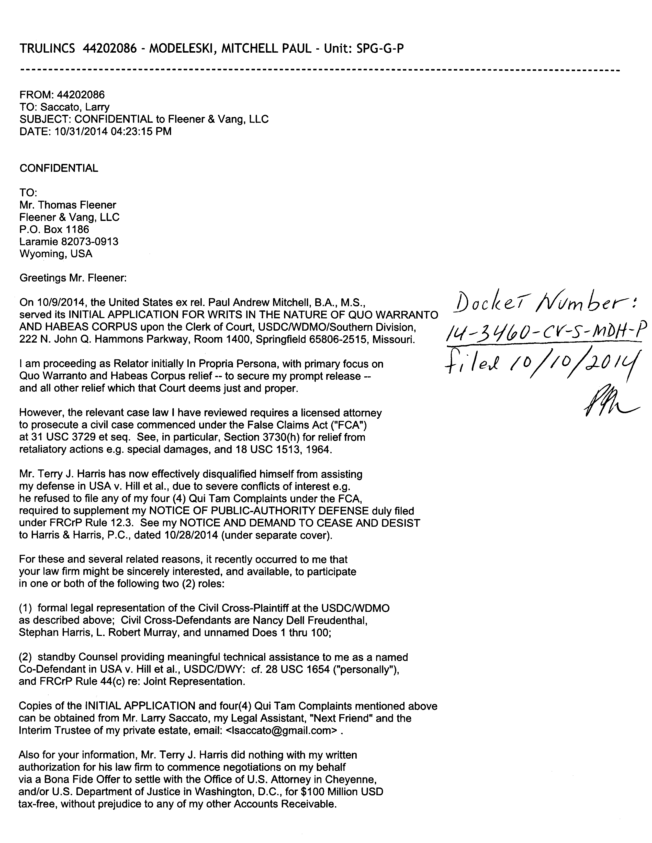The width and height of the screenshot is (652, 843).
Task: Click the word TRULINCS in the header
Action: (x=47, y=48)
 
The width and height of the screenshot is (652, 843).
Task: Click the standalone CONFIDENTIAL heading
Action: (x=59, y=168)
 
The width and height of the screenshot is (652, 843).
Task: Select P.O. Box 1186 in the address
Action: (x=54, y=229)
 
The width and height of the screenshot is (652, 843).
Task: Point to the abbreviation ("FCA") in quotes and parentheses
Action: (x=353, y=425)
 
